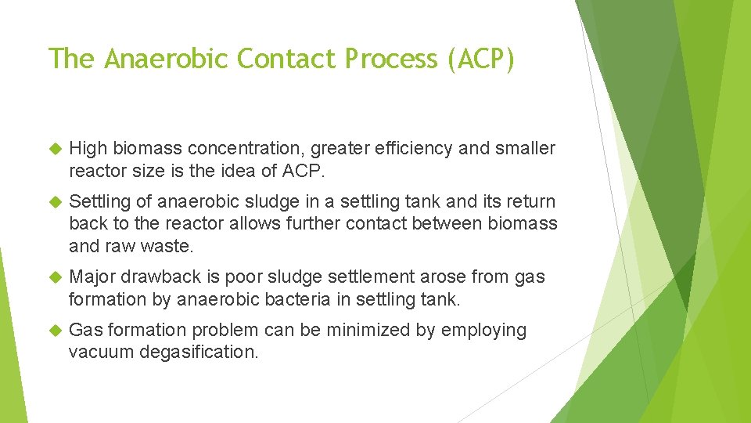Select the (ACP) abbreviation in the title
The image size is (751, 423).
point(481,58)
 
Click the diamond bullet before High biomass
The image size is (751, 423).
point(55,149)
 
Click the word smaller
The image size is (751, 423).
point(524,148)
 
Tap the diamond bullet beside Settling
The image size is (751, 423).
point(55,202)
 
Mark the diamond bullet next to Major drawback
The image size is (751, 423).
point(55,277)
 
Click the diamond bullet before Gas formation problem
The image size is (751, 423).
point(55,331)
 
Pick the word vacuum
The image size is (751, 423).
point(101,352)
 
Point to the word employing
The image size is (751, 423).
point(483,330)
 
